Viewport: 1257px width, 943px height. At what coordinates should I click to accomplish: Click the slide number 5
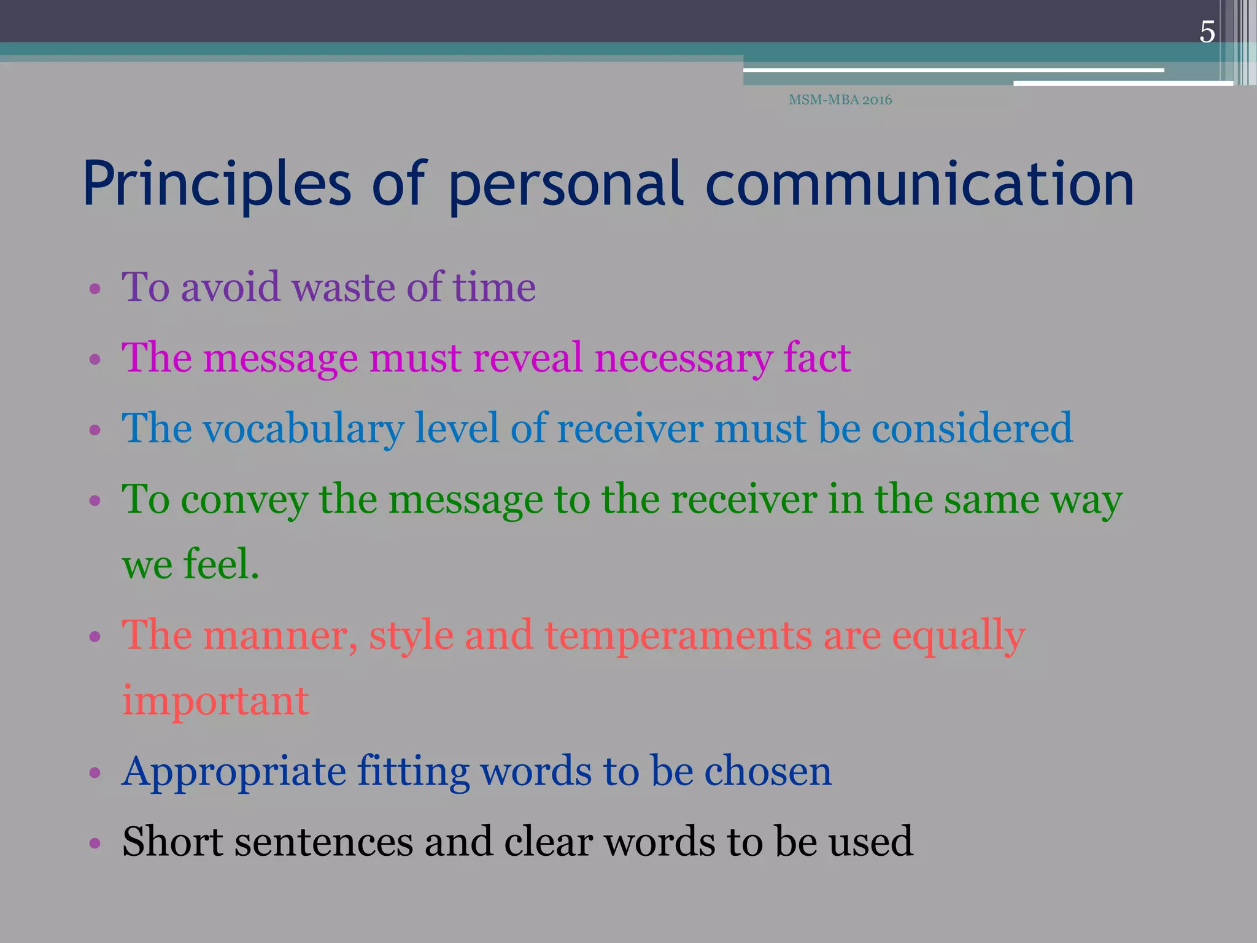pos(1207,32)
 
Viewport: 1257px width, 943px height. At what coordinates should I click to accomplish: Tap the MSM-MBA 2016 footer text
pos(840,100)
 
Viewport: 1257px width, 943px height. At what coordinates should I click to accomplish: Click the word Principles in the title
pos(217,184)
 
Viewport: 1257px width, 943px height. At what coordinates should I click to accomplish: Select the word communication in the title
pos(919,184)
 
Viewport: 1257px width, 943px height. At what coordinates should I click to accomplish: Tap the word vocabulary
pos(304,429)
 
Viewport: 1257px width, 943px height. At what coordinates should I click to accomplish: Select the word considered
pos(972,428)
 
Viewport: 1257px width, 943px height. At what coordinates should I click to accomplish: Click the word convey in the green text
pos(244,500)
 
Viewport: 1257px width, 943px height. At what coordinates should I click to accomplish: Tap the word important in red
pos(215,700)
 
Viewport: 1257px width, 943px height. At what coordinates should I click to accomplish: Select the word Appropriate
pos(234,772)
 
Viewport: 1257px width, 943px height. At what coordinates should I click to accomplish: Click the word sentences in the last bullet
pos(323,842)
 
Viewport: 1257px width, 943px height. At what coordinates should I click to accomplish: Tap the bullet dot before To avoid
pos(95,289)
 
